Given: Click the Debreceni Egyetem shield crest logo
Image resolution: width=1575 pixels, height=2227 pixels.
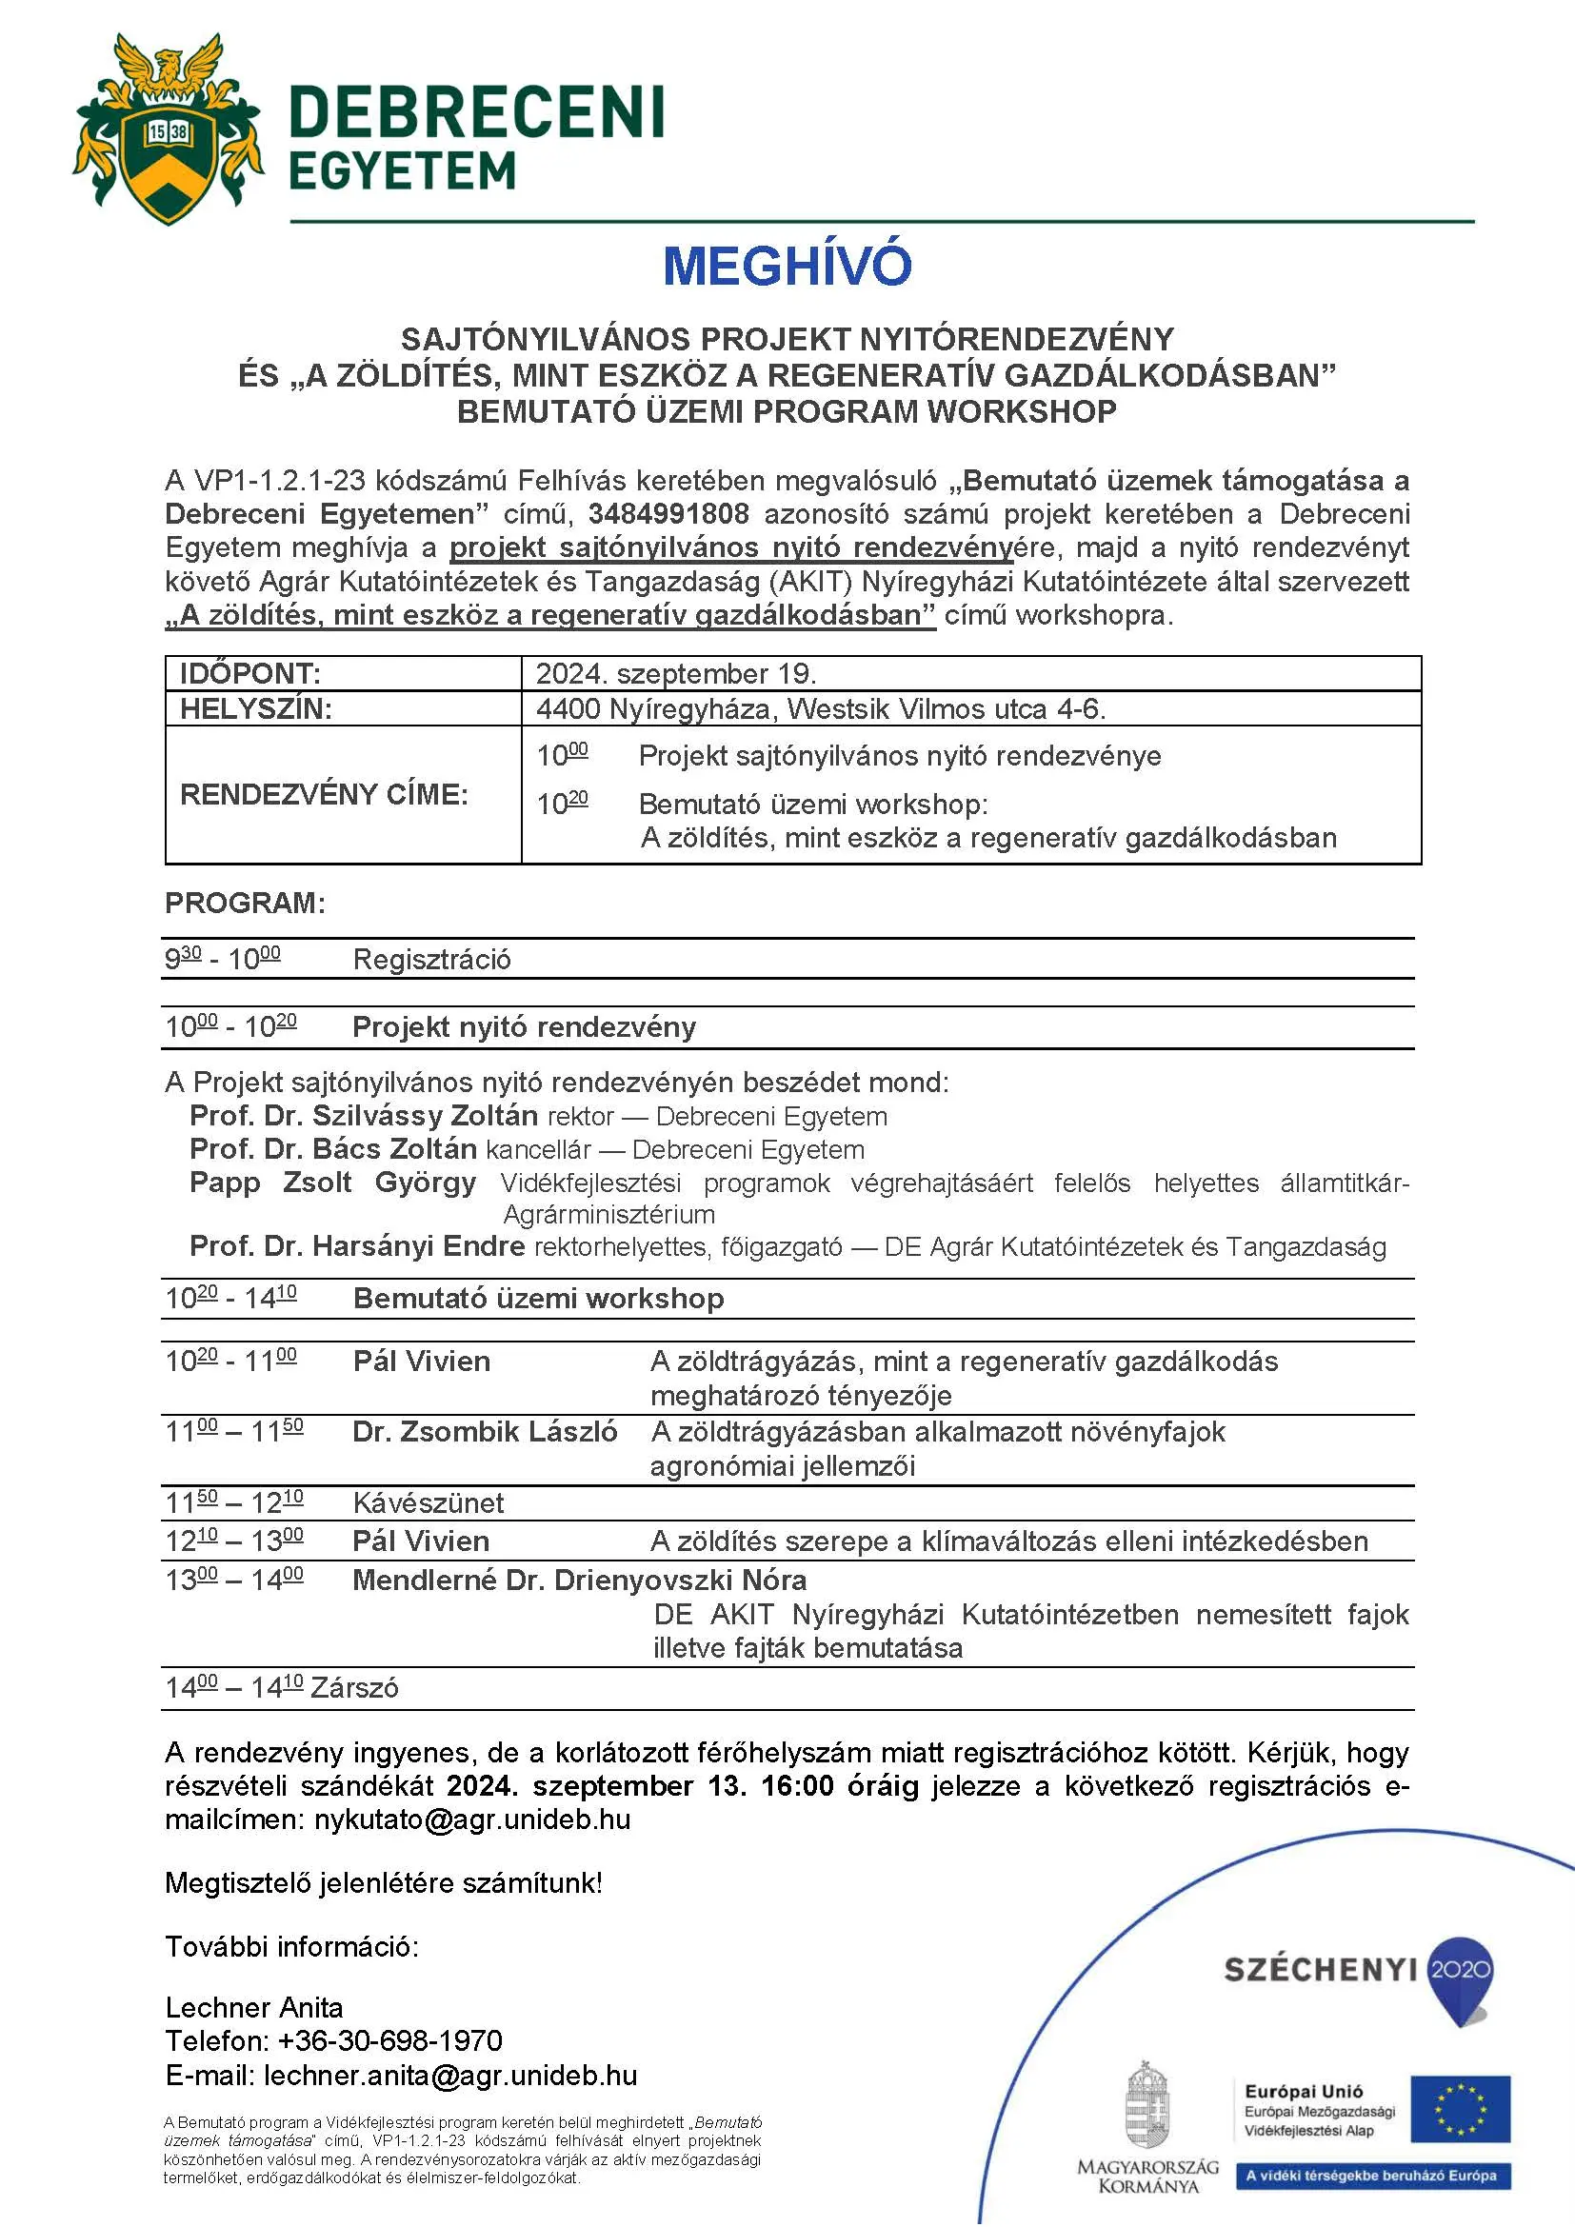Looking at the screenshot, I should click(x=168, y=129).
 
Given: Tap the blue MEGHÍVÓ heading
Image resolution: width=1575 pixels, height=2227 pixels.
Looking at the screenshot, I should click(x=787, y=266).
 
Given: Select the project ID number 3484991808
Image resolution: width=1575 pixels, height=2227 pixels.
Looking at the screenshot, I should click(x=668, y=514).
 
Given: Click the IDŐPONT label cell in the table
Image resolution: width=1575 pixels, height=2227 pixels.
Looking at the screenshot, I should click(x=250, y=673).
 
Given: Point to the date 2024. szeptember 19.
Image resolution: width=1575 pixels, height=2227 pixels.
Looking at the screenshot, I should click(x=676, y=673).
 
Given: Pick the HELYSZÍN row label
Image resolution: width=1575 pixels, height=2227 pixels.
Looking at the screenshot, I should click(x=256, y=709).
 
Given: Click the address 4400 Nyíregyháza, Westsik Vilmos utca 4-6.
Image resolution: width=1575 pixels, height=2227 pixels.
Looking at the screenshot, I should click(x=821, y=709).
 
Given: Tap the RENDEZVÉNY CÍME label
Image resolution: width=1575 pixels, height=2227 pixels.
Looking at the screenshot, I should click(x=324, y=794).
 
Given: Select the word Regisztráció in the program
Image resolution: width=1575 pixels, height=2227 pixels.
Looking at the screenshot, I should click(x=431, y=960).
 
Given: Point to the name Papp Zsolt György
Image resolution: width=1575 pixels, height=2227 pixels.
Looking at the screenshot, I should click(x=332, y=1183).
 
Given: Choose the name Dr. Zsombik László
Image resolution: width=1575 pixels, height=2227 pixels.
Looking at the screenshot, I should click(x=485, y=1432).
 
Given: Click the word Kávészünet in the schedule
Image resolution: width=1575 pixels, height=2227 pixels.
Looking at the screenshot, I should click(x=428, y=1502).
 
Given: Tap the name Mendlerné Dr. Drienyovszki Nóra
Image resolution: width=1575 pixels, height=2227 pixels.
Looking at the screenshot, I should click(x=579, y=1581).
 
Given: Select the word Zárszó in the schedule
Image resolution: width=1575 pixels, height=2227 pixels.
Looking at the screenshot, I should click(x=354, y=1688).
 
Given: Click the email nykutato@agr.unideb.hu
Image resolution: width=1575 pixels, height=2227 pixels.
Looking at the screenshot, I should click(x=472, y=1819).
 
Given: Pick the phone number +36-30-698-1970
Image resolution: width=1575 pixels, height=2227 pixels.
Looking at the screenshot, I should click(x=389, y=2040).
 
